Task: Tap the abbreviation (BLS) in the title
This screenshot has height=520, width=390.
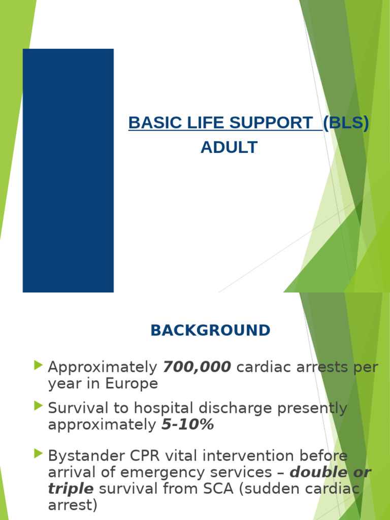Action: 346,123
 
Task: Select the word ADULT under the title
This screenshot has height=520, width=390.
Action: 229,148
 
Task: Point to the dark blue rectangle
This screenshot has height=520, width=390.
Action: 68,170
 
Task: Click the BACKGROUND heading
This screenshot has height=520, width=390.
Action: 210,331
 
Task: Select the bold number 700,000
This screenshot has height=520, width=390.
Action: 197,367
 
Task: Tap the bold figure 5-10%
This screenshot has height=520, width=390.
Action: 187,425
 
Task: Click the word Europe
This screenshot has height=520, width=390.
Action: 132,384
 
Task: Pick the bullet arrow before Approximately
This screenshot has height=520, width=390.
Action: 39,365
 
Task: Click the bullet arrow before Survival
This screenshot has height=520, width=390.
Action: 39,406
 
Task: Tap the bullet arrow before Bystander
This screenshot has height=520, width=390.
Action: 39,453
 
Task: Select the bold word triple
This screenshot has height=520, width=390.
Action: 71,489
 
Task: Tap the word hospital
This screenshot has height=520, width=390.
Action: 161,408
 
